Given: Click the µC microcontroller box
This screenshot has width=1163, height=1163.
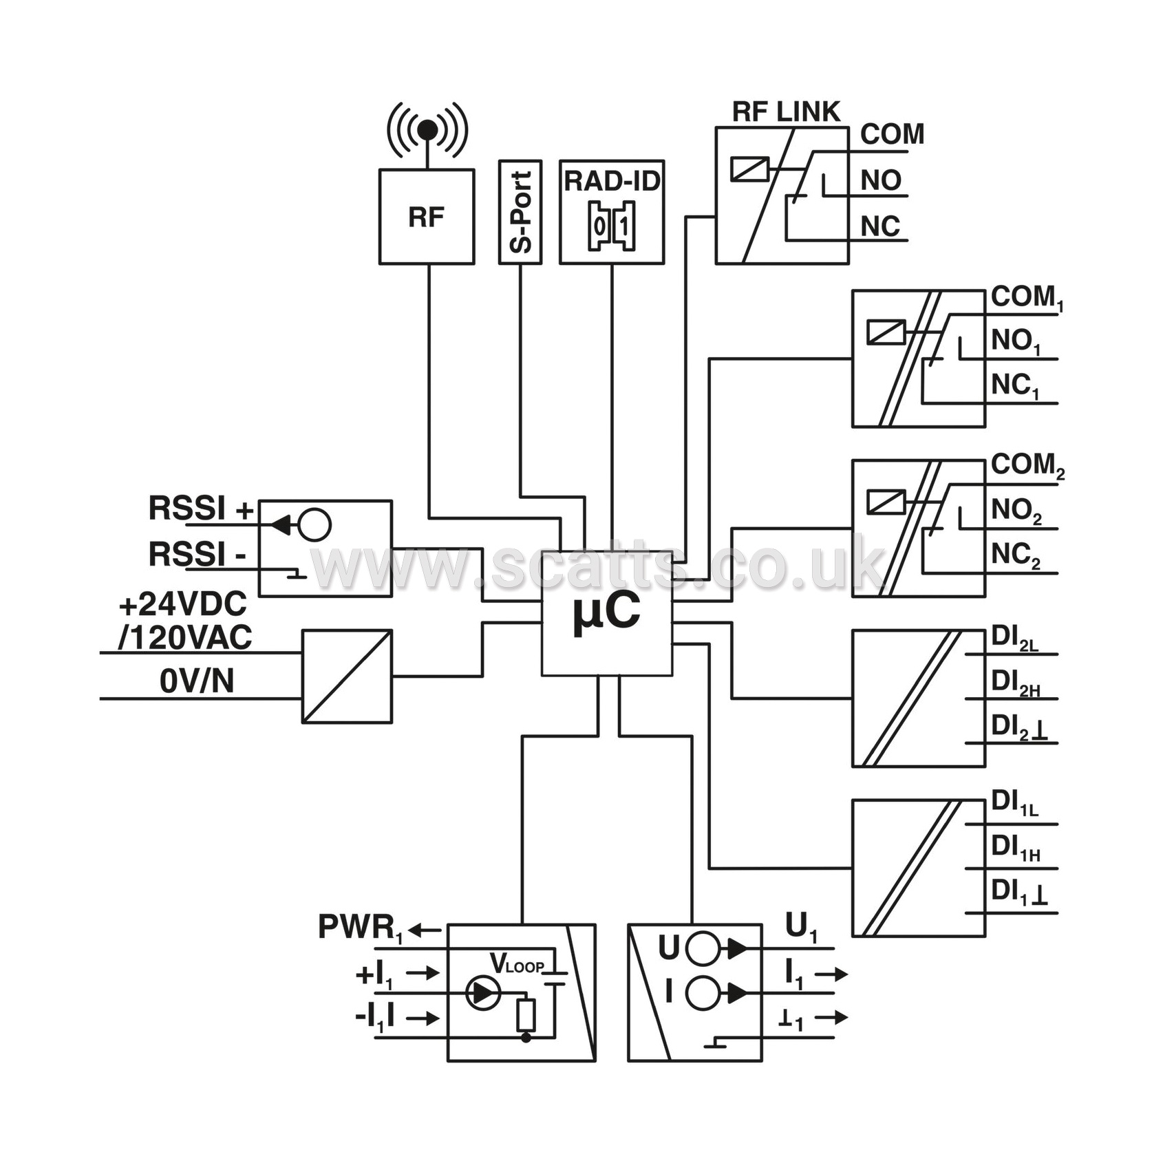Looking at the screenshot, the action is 607,613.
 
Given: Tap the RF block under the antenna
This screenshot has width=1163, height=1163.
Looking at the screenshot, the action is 427,217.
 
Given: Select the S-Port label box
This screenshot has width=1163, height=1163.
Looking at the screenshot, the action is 520,212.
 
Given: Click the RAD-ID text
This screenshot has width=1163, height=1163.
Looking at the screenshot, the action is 612,181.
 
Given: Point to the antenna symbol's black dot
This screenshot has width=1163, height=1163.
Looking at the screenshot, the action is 427,129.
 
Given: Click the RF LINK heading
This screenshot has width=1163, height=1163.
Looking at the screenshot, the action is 786,111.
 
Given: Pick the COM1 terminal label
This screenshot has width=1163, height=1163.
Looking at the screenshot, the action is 1027,298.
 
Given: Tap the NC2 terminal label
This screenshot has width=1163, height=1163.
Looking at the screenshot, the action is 1016,555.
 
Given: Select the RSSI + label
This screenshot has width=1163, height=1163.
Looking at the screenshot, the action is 201,509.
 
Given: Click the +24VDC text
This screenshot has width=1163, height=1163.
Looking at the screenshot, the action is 182,605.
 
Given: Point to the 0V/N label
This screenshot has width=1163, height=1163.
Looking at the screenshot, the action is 197,681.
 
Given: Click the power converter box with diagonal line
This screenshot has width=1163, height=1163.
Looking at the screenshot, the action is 348,676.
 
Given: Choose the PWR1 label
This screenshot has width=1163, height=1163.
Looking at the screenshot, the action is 360,928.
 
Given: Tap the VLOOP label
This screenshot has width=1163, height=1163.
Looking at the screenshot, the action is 517,964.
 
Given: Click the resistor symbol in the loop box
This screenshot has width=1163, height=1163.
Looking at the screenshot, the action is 526,1015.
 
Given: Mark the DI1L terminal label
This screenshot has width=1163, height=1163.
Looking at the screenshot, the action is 1014,804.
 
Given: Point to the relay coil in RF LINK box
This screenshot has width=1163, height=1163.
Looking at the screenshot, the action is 749,169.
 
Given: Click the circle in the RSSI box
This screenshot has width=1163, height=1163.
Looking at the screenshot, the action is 315,525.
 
